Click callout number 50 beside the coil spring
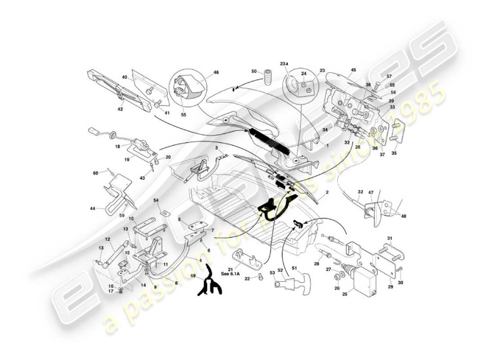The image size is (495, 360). (x=254, y=72)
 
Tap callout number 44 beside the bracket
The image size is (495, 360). (x=93, y=208)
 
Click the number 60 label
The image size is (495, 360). (x=95, y=173)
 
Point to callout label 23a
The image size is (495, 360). (x=283, y=63)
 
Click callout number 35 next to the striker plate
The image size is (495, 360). (x=394, y=153)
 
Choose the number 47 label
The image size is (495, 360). (x=371, y=192)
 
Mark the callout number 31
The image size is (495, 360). (x=390, y=238)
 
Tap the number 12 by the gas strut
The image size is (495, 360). (x=108, y=239)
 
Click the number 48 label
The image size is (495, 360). (x=403, y=216)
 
